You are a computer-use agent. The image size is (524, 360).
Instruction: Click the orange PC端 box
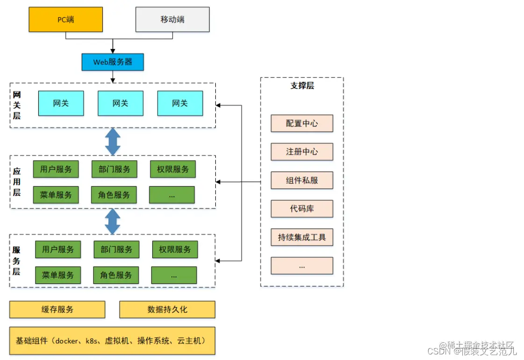click(65, 20)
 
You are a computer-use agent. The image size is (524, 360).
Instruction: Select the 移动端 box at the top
click(172, 20)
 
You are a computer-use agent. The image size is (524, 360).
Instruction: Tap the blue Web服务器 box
click(113, 62)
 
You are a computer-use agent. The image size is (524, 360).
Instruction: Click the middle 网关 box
click(120, 103)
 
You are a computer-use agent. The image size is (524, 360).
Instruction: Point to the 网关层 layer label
click(17, 106)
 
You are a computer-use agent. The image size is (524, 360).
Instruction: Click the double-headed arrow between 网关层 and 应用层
click(113, 141)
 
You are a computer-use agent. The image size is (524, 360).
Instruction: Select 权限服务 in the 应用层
click(173, 169)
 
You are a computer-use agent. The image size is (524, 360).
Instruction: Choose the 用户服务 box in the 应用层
click(56, 169)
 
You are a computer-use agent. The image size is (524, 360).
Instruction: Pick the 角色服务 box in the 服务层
click(116, 275)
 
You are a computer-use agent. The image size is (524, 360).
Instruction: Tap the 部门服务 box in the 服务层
click(116, 249)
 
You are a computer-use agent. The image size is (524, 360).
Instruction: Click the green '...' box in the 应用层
click(172, 195)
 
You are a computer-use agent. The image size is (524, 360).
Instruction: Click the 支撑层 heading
click(302, 86)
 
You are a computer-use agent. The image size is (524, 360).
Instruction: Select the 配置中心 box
click(302, 123)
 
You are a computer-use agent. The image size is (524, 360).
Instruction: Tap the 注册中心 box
click(302, 152)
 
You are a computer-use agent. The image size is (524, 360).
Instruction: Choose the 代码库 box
click(302, 209)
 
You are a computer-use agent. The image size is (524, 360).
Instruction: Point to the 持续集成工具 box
click(302, 237)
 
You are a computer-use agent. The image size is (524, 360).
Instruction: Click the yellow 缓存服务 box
click(57, 309)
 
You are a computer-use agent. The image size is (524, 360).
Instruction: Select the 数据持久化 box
click(167, 309)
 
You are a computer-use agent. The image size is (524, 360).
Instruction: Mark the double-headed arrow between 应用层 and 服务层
click(113, 221)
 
